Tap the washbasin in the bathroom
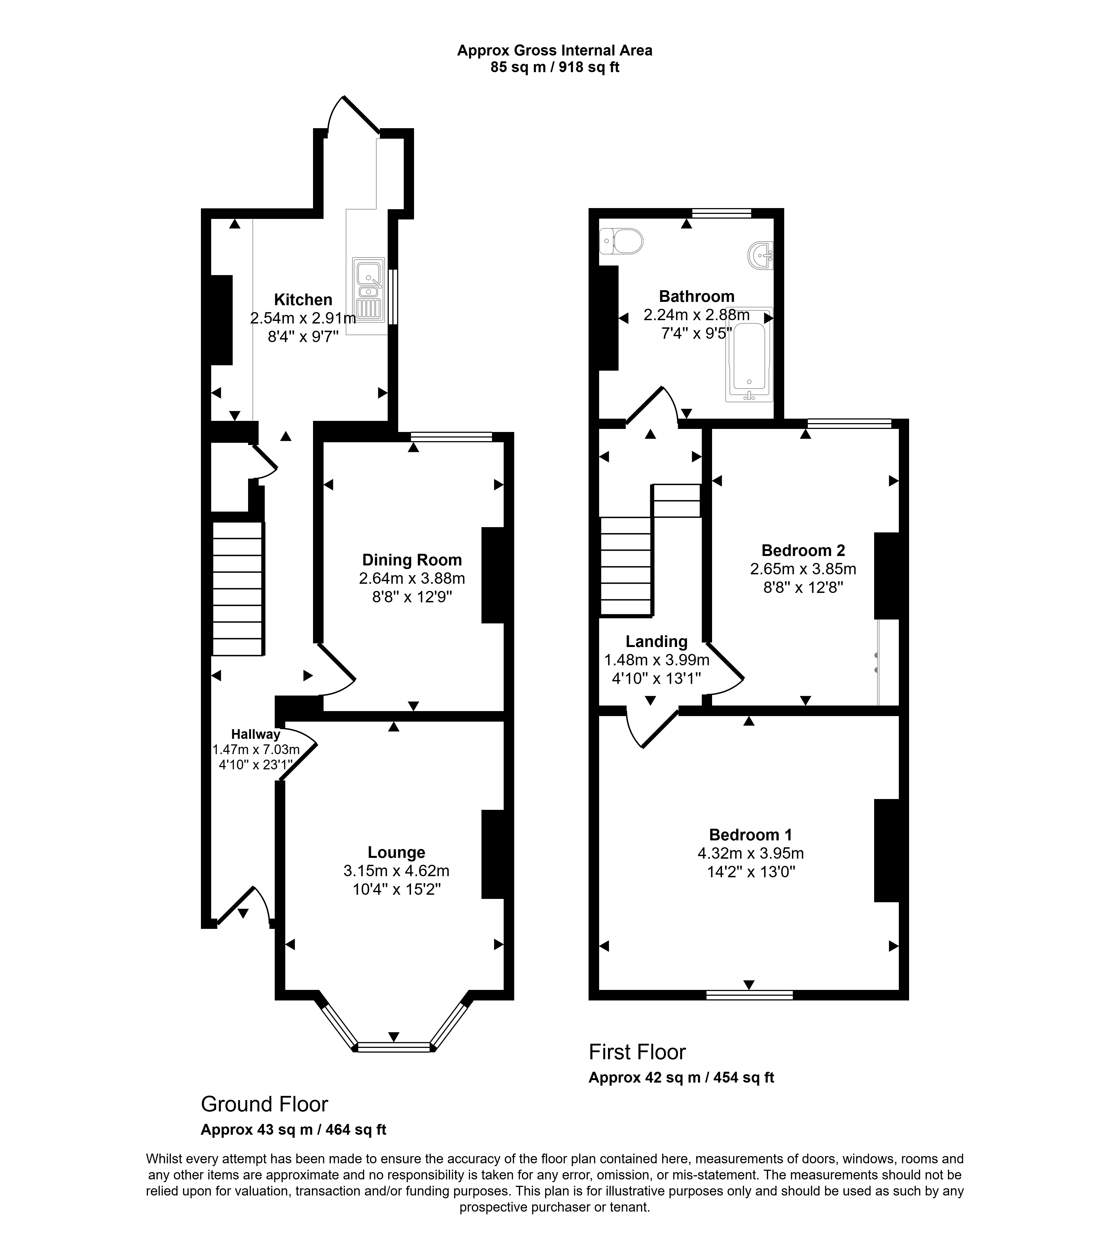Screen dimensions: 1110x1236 point(761,255)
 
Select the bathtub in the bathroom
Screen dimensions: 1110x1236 point(749,355)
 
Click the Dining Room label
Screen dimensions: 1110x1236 point(412,560)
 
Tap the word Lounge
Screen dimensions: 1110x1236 point(397,853)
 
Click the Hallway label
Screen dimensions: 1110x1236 point(256,735)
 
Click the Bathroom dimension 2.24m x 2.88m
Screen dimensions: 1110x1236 point(697,315)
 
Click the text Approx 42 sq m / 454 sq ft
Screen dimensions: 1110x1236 point(681,1078)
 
